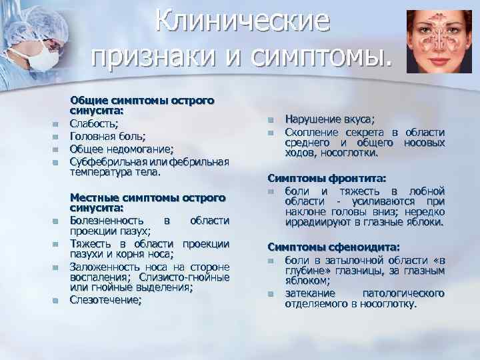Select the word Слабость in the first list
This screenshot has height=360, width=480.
(93, 124)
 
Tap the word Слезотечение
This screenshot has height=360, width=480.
(105, 300)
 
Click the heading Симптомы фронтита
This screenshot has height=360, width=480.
(326, 179)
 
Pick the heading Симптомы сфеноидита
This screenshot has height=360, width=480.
(333, 246)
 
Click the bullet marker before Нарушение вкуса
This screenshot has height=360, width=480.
(271, 120)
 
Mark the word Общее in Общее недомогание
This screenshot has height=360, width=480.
(85, 149)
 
